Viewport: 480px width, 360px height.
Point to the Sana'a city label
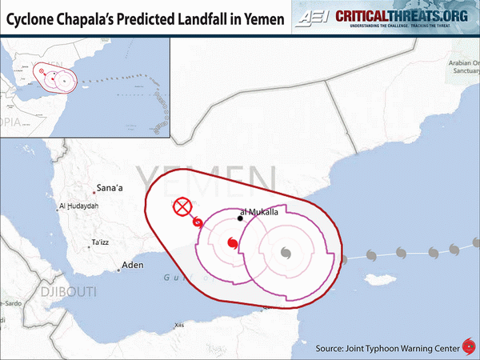109,188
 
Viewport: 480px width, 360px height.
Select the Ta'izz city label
101,242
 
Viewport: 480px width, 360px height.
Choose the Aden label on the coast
131,266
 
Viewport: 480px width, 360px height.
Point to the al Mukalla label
258,212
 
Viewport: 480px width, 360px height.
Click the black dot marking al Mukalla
239,218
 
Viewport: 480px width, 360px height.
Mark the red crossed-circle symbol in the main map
183,208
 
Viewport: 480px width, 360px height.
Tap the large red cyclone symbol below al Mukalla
232,243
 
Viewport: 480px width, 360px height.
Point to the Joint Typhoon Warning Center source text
387,348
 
